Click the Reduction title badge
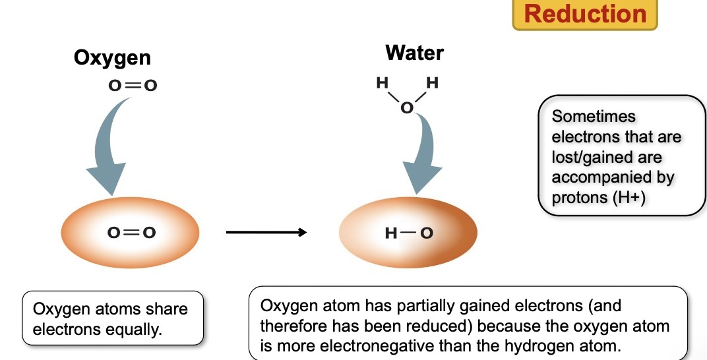(585, 15)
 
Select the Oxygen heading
(112, 57)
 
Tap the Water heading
(414, 52)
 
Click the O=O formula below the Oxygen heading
(133, 86)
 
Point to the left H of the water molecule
(381, 84)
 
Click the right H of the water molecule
(432, 84)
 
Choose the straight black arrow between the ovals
(266, 232)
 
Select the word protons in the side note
(574, 198)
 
